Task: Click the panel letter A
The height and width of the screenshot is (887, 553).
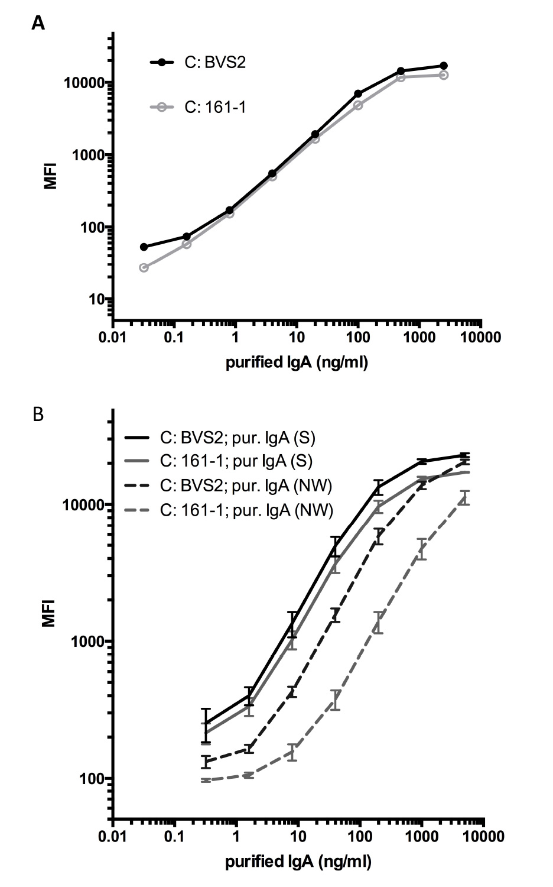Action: pos(38,23)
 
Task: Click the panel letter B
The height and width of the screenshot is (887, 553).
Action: pos(38,415)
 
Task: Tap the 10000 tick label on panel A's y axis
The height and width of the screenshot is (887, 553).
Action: pos(84,83)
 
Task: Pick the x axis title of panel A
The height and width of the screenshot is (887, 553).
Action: pos(297,362)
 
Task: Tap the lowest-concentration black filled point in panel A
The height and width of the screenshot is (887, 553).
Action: pos(144,247)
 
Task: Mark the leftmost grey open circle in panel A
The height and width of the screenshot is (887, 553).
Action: pos(144,267)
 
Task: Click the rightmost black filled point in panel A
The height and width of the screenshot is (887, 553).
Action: pos(444,66)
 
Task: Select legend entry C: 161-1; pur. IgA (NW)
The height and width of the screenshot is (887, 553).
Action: pos(246,510)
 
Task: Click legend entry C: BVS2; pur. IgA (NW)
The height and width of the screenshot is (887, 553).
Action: pos(246,486)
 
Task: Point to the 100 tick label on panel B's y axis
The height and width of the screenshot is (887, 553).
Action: pos(93,779)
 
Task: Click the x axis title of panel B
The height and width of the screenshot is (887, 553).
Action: pos(298,862)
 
